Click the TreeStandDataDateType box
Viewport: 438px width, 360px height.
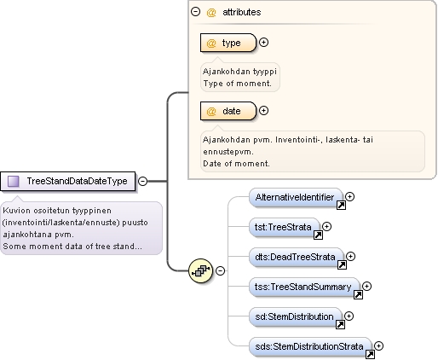68,181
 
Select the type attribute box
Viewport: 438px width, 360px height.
228,43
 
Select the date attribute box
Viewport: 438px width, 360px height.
228,111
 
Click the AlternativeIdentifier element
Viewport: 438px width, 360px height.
297,197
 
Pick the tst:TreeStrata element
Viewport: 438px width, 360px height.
285,227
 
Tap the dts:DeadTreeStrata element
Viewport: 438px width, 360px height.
297,257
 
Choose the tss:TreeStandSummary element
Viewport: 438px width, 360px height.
305,287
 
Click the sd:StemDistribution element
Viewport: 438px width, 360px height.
296,316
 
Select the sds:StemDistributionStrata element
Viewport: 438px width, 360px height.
310,346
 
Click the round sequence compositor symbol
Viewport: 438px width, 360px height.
200,270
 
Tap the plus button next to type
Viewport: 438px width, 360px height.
264,43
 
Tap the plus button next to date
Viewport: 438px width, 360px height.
264,111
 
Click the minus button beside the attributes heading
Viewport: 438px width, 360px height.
196,12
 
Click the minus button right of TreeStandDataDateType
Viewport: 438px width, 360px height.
142,181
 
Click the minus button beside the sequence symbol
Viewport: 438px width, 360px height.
220,270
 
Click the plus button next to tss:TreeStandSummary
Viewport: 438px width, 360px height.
367,287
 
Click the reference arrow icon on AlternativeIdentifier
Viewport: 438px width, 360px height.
341,205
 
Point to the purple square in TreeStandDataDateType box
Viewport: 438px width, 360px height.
14,181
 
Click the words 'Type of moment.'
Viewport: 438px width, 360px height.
238,84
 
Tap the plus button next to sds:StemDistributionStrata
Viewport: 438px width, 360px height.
379,346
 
